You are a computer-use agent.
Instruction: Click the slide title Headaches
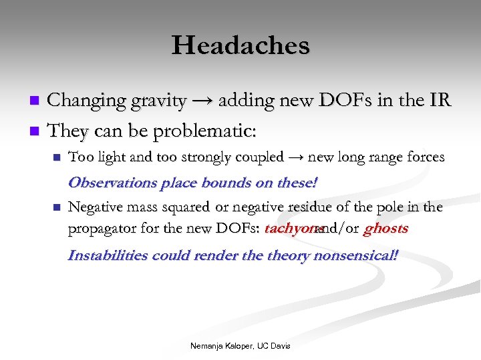coord(240,46)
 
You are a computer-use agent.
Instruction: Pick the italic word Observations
coord(110,182)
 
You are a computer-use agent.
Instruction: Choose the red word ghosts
coord(385,229)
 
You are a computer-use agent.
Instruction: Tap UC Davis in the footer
coord(275,346)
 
